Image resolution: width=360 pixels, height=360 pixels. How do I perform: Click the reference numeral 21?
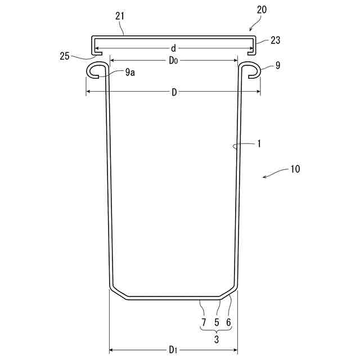120,16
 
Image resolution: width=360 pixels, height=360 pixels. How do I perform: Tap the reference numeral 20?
262,10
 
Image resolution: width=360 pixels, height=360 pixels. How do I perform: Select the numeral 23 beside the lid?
275,40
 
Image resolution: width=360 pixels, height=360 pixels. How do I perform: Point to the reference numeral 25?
65,56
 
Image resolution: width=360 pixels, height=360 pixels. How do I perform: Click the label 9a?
130,73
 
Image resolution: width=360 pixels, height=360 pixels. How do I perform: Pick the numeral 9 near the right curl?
278,65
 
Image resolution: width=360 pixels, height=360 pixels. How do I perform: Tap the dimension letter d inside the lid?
174,48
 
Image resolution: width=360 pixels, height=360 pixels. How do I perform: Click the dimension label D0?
173,61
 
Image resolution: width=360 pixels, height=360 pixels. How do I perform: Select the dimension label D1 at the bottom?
173,350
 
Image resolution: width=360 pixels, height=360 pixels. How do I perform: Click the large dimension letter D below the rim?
174,92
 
